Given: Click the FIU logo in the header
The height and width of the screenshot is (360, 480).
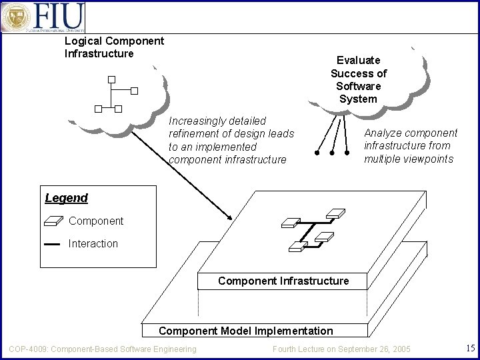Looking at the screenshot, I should [x=44, y=17].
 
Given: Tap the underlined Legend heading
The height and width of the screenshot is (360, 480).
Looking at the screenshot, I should [x=66, y=198].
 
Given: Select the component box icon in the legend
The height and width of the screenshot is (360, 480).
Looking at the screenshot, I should [x=53, y=221].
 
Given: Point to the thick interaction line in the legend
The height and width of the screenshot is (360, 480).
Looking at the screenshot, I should [x=52, y=244].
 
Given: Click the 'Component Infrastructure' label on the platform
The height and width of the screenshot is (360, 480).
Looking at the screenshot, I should [x=283, y=281].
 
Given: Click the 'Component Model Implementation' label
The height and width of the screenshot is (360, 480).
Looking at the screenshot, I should [x=245, y=331].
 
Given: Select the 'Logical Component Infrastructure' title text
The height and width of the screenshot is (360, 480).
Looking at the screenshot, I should [x=114, y=47].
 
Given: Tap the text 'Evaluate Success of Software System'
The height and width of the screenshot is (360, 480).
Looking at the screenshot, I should [x=358, y=79].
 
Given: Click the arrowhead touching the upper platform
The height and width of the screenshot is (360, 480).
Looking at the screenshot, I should [x=229, y=217].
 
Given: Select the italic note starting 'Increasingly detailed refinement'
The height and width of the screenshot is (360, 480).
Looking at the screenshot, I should [x=231, y=140].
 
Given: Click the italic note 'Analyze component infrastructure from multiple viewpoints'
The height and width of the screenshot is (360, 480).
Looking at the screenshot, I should [x=410, y=146].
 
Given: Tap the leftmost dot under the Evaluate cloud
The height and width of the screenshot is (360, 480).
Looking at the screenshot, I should [x=317, y=153].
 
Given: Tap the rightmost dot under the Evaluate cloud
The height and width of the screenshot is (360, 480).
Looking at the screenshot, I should [x=347, y=153].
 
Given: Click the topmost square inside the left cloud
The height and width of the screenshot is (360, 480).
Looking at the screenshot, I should [x=111, y=79].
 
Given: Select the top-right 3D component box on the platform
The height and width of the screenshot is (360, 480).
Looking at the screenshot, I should [x=335, y=213].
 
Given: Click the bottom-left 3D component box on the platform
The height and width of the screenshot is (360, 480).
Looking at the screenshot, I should [x=296, y=247].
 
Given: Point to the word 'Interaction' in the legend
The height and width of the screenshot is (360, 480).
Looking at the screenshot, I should [x=93, y=244].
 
